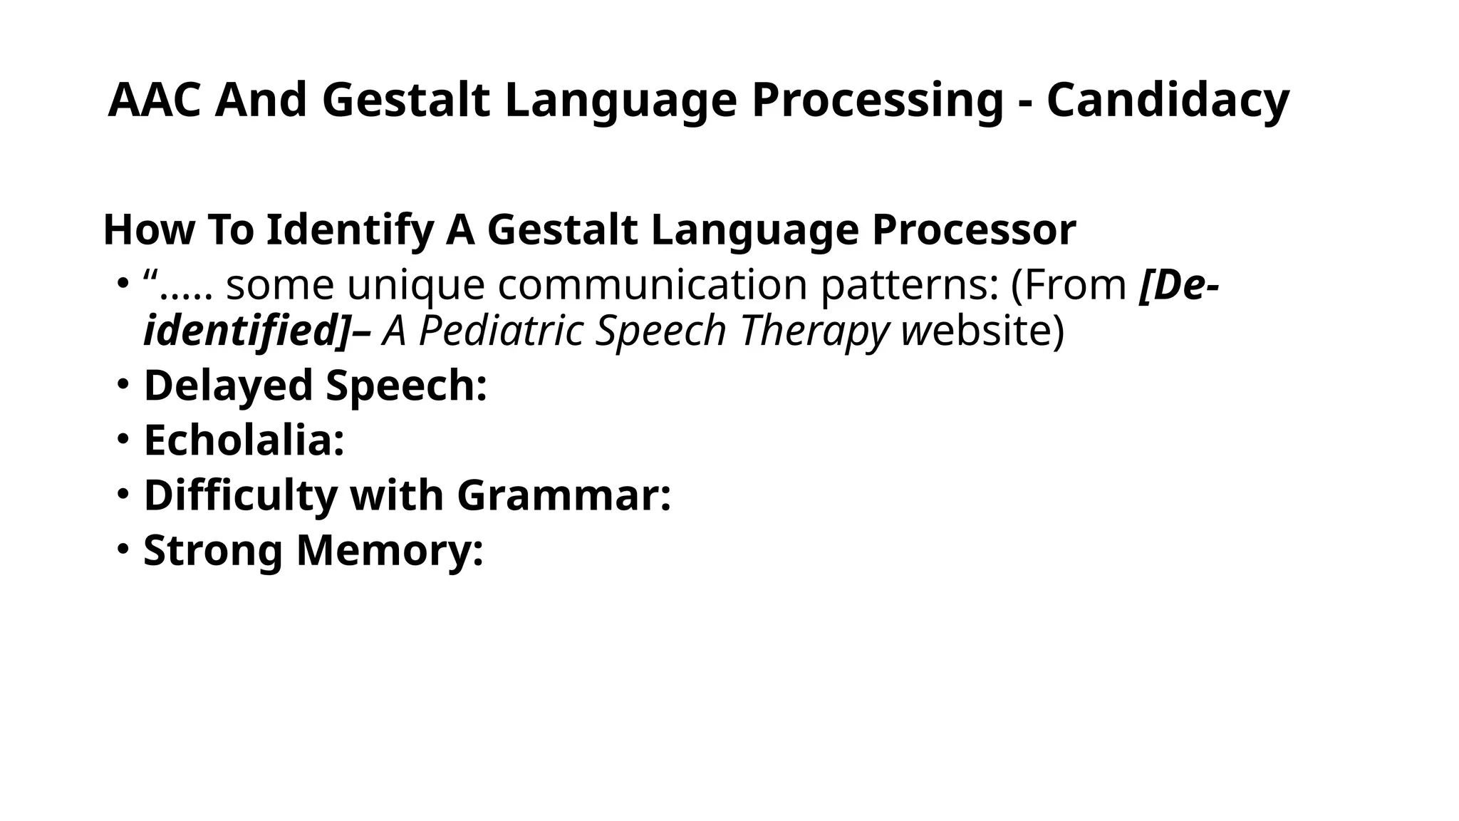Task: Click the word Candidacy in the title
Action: click(1168, 100)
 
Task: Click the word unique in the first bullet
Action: click(417, 285)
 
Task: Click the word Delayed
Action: click(229, 386)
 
